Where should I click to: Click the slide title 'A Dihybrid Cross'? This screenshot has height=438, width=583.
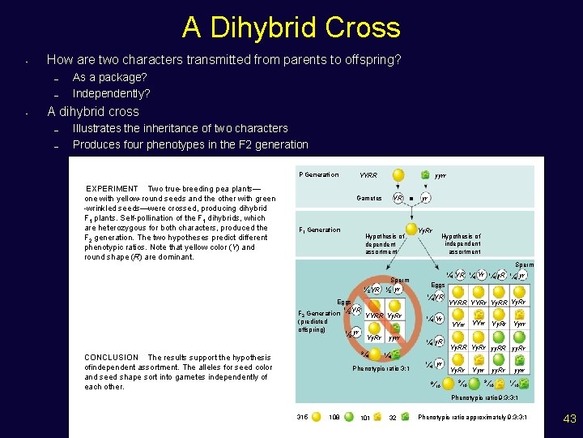point(291,28)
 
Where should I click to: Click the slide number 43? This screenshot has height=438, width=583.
point(568,419)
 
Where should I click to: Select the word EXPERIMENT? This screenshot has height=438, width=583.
point(112,189)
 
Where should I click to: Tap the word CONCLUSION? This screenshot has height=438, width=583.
point(112,358)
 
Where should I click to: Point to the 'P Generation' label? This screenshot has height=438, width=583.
point(318,175)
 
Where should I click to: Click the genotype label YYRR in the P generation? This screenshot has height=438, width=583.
point(368,176)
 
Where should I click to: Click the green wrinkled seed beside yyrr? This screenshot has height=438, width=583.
point(425,174)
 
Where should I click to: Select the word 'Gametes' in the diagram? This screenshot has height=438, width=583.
point(369,198)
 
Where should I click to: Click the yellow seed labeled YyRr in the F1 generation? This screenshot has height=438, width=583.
point(410,230)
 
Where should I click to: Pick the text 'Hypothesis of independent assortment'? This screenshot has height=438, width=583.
point(462,243)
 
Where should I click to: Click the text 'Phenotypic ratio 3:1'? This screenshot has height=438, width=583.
point(381,368)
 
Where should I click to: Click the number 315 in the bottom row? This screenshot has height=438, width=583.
point(303,418)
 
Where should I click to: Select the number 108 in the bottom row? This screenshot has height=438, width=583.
point(334,418)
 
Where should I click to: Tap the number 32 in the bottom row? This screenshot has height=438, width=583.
point(392,418)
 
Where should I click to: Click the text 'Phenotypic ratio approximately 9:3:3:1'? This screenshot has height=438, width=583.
point(472,417)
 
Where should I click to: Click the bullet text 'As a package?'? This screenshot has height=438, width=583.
point(109,77)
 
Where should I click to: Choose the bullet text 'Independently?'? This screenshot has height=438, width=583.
point(111,93)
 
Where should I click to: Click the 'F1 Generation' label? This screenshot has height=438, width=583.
point(320,230)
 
